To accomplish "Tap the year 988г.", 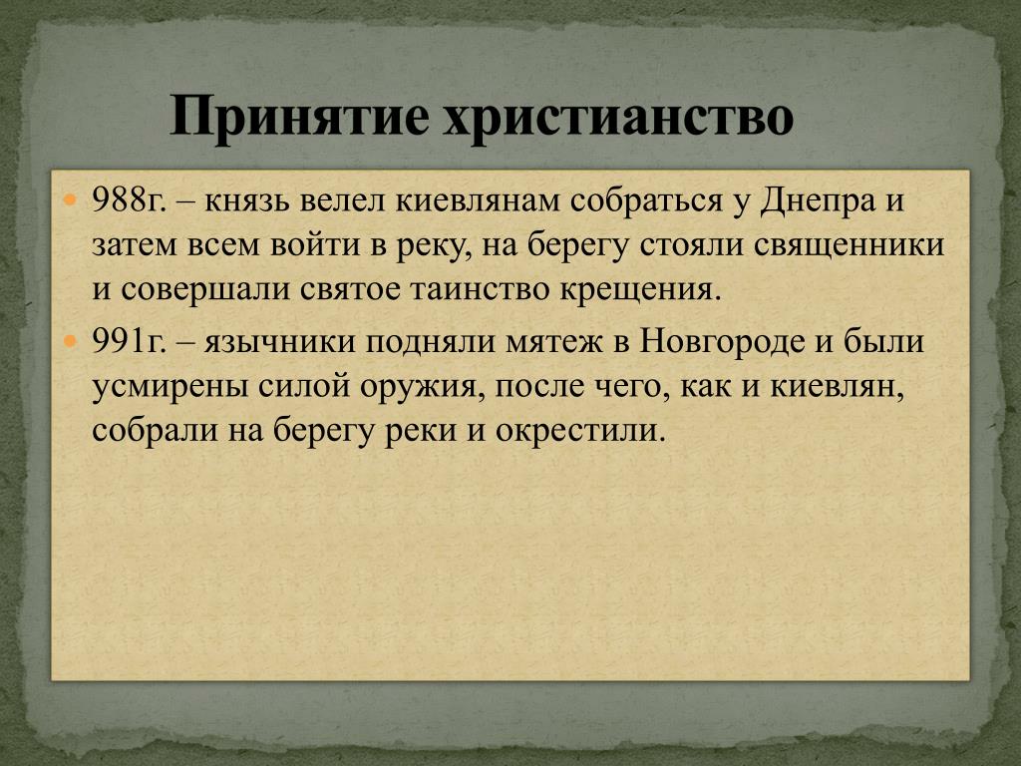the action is (x=129, y=200).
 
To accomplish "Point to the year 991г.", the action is (x=129, y=342).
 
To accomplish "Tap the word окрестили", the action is (x=581, y=432).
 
